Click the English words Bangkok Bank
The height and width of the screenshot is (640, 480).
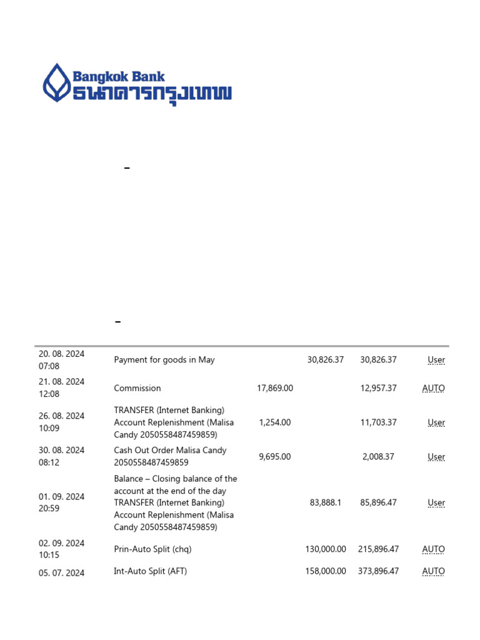[119, 77]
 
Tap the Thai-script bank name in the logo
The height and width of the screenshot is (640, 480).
[152, 94]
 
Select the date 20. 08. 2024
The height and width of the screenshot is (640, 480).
[61, 354]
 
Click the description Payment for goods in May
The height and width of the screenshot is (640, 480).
[164, 360]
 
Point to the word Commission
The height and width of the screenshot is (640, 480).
[137, 388]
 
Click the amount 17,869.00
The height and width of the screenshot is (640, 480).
[275, 388]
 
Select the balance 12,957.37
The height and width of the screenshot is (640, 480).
[378, 388]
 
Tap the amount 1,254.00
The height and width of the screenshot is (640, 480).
[275, 422]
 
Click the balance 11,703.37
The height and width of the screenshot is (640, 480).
[378, 422]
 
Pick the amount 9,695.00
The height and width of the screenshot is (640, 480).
[275, 457]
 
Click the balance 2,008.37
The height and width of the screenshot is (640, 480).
[378, 457]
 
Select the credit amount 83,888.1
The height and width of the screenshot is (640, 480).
[326, 502]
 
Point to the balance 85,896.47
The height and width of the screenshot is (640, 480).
[378, 502]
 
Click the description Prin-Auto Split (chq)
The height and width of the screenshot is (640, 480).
[152, 549]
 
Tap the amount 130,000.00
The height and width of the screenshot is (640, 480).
[326, 549]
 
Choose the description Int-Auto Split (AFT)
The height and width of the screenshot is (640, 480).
[151, 571]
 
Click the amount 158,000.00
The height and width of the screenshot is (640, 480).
[326, 571]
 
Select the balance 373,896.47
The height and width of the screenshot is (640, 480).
[378, 571]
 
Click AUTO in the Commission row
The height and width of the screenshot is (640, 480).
[433, 388]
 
